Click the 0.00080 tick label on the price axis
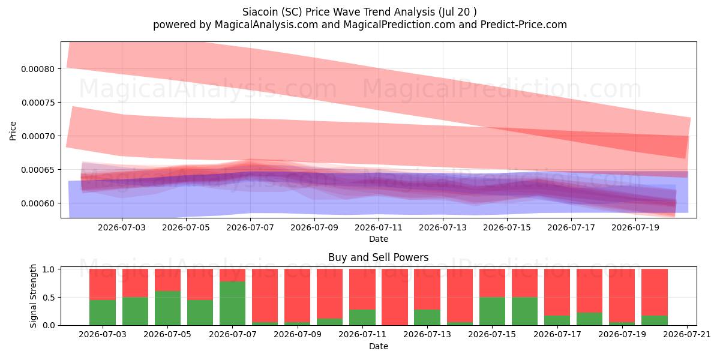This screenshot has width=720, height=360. [x=38, y=69]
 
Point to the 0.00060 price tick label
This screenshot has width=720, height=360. [x=38, y=203]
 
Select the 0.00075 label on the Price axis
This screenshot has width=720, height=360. [x=38, y=103]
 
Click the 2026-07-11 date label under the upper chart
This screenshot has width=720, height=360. [x=379, y=227]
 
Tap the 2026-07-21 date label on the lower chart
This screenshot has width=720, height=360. [x=687, y=335]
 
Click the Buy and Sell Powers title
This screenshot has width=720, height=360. [x=379, y=257]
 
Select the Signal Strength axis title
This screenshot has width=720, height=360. [x=33, y=296]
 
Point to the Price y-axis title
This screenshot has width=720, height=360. [x=13, y=131]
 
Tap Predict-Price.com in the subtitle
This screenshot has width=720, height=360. [x=524, y=25]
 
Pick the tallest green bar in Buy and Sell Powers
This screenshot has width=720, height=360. [x=232, y=303]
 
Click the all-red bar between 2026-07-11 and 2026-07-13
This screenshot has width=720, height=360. [x=395, y=297]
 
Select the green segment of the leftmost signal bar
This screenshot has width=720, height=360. [x=103, y=313]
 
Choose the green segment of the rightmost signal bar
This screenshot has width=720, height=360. [x=655, y=320]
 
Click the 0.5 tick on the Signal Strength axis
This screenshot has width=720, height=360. [x=49, y=298]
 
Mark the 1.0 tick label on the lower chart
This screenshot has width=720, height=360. [x=49, y=269]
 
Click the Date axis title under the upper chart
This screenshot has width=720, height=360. [x=379, y=239]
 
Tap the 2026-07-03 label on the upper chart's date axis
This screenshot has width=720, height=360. [x=121, y=227]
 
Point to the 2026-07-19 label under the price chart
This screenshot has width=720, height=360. [x=635, y=227]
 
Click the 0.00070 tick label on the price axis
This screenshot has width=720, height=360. [x=38, y=136]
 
